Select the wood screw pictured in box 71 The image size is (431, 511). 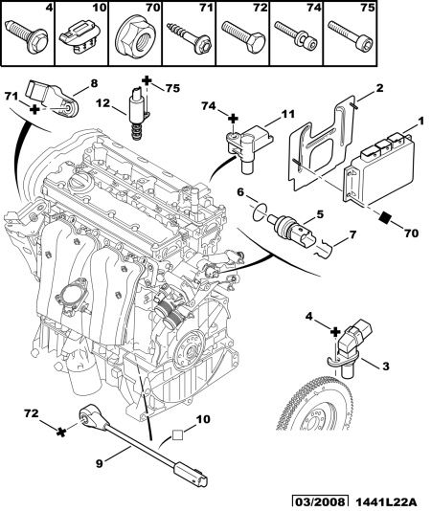tap(189, 36)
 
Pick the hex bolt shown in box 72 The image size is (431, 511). tap(243, 36)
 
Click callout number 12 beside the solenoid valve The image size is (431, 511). tap(103, 103)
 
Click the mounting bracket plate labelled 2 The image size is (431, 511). tap(322, 144)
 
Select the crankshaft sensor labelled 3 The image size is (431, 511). tap(353, 347)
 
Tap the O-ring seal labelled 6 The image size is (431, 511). tap(259, 212)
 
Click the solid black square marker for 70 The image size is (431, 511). tap(386, 217)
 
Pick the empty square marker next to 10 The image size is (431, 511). tap(177, 435)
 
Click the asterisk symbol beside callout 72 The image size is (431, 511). tap(61, 433)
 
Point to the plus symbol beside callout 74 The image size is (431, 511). tap(233, 119)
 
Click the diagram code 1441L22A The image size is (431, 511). tap(385, 502)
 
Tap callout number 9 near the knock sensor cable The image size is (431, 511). tap(100, 463)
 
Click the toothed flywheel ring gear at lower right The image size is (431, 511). tap(315, 403)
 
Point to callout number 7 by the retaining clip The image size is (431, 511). tap(352, 235)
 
